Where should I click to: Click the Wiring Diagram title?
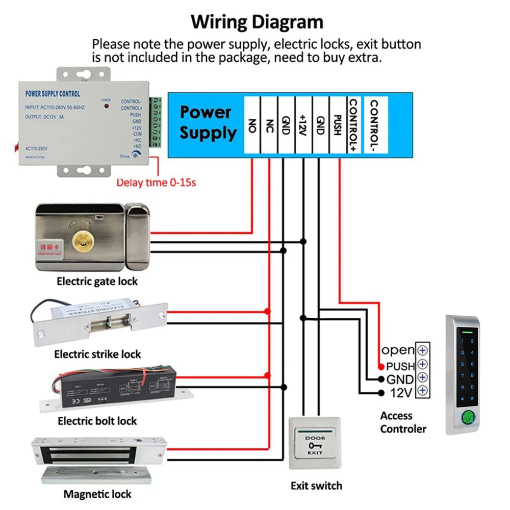coord(257,22)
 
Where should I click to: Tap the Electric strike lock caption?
coord(97,354)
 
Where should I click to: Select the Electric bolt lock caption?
coord(97,421)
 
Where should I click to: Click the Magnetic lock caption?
coord(97,494)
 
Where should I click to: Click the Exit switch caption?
coord(316,486)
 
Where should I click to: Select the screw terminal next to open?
coord(422,350)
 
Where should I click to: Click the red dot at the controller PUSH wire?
coord(381,367)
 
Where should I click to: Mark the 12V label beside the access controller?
coord(401,393)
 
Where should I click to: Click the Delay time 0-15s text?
coord(156,182)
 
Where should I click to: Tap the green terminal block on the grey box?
coord(157,122)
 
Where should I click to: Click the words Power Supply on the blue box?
coord(208,122)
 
